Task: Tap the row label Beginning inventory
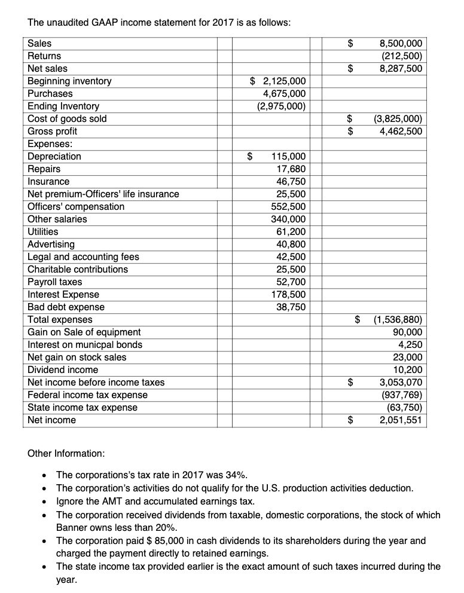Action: [x=69, y=81]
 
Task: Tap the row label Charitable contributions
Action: [x=78, y=269]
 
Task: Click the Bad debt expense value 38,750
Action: [x=292, y=307]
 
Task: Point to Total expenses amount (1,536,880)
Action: [x=398, y=319]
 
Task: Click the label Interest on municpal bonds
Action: [x=85, y=344]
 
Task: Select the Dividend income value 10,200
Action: [x=409, y=369]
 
